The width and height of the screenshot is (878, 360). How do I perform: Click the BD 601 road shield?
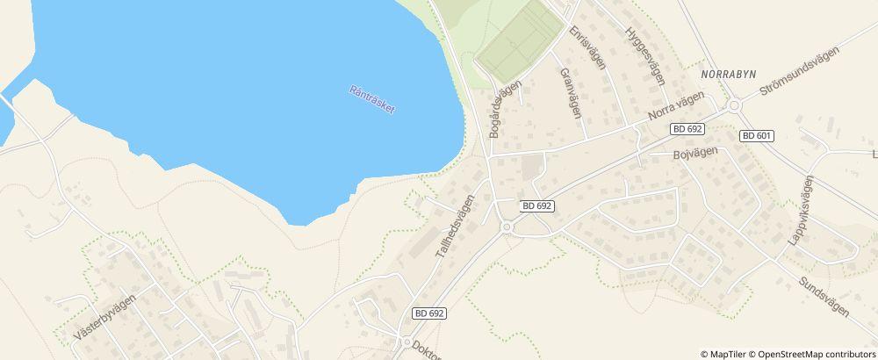(756, 135)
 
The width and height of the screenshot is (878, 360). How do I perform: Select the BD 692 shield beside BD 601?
(687, 128)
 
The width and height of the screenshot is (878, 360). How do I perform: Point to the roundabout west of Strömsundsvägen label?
(735, 105)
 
